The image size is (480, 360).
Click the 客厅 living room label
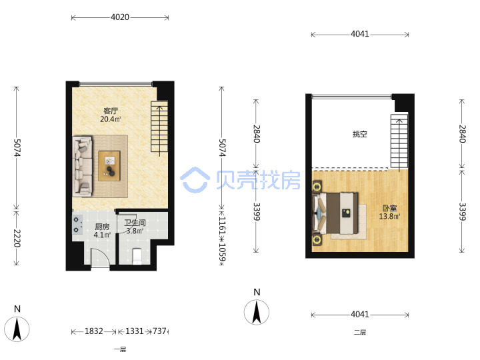111,111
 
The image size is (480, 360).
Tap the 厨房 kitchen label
102,227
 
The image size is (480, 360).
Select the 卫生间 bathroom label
135,223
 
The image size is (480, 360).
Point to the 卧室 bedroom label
390,208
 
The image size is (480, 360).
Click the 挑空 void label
360,134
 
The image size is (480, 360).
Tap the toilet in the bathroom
137,256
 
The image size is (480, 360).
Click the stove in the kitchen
77,225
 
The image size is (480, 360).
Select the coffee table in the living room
109,165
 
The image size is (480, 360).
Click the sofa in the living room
83,166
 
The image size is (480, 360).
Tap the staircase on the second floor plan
399,141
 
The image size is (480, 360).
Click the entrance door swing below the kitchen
100,259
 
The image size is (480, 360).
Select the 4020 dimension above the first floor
120,17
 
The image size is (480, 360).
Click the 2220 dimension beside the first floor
17,238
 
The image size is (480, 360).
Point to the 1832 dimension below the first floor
94,331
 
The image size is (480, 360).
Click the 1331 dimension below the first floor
135,331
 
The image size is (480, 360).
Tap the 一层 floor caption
120,349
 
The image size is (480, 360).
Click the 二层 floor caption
360,332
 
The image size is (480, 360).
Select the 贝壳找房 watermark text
258,180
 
